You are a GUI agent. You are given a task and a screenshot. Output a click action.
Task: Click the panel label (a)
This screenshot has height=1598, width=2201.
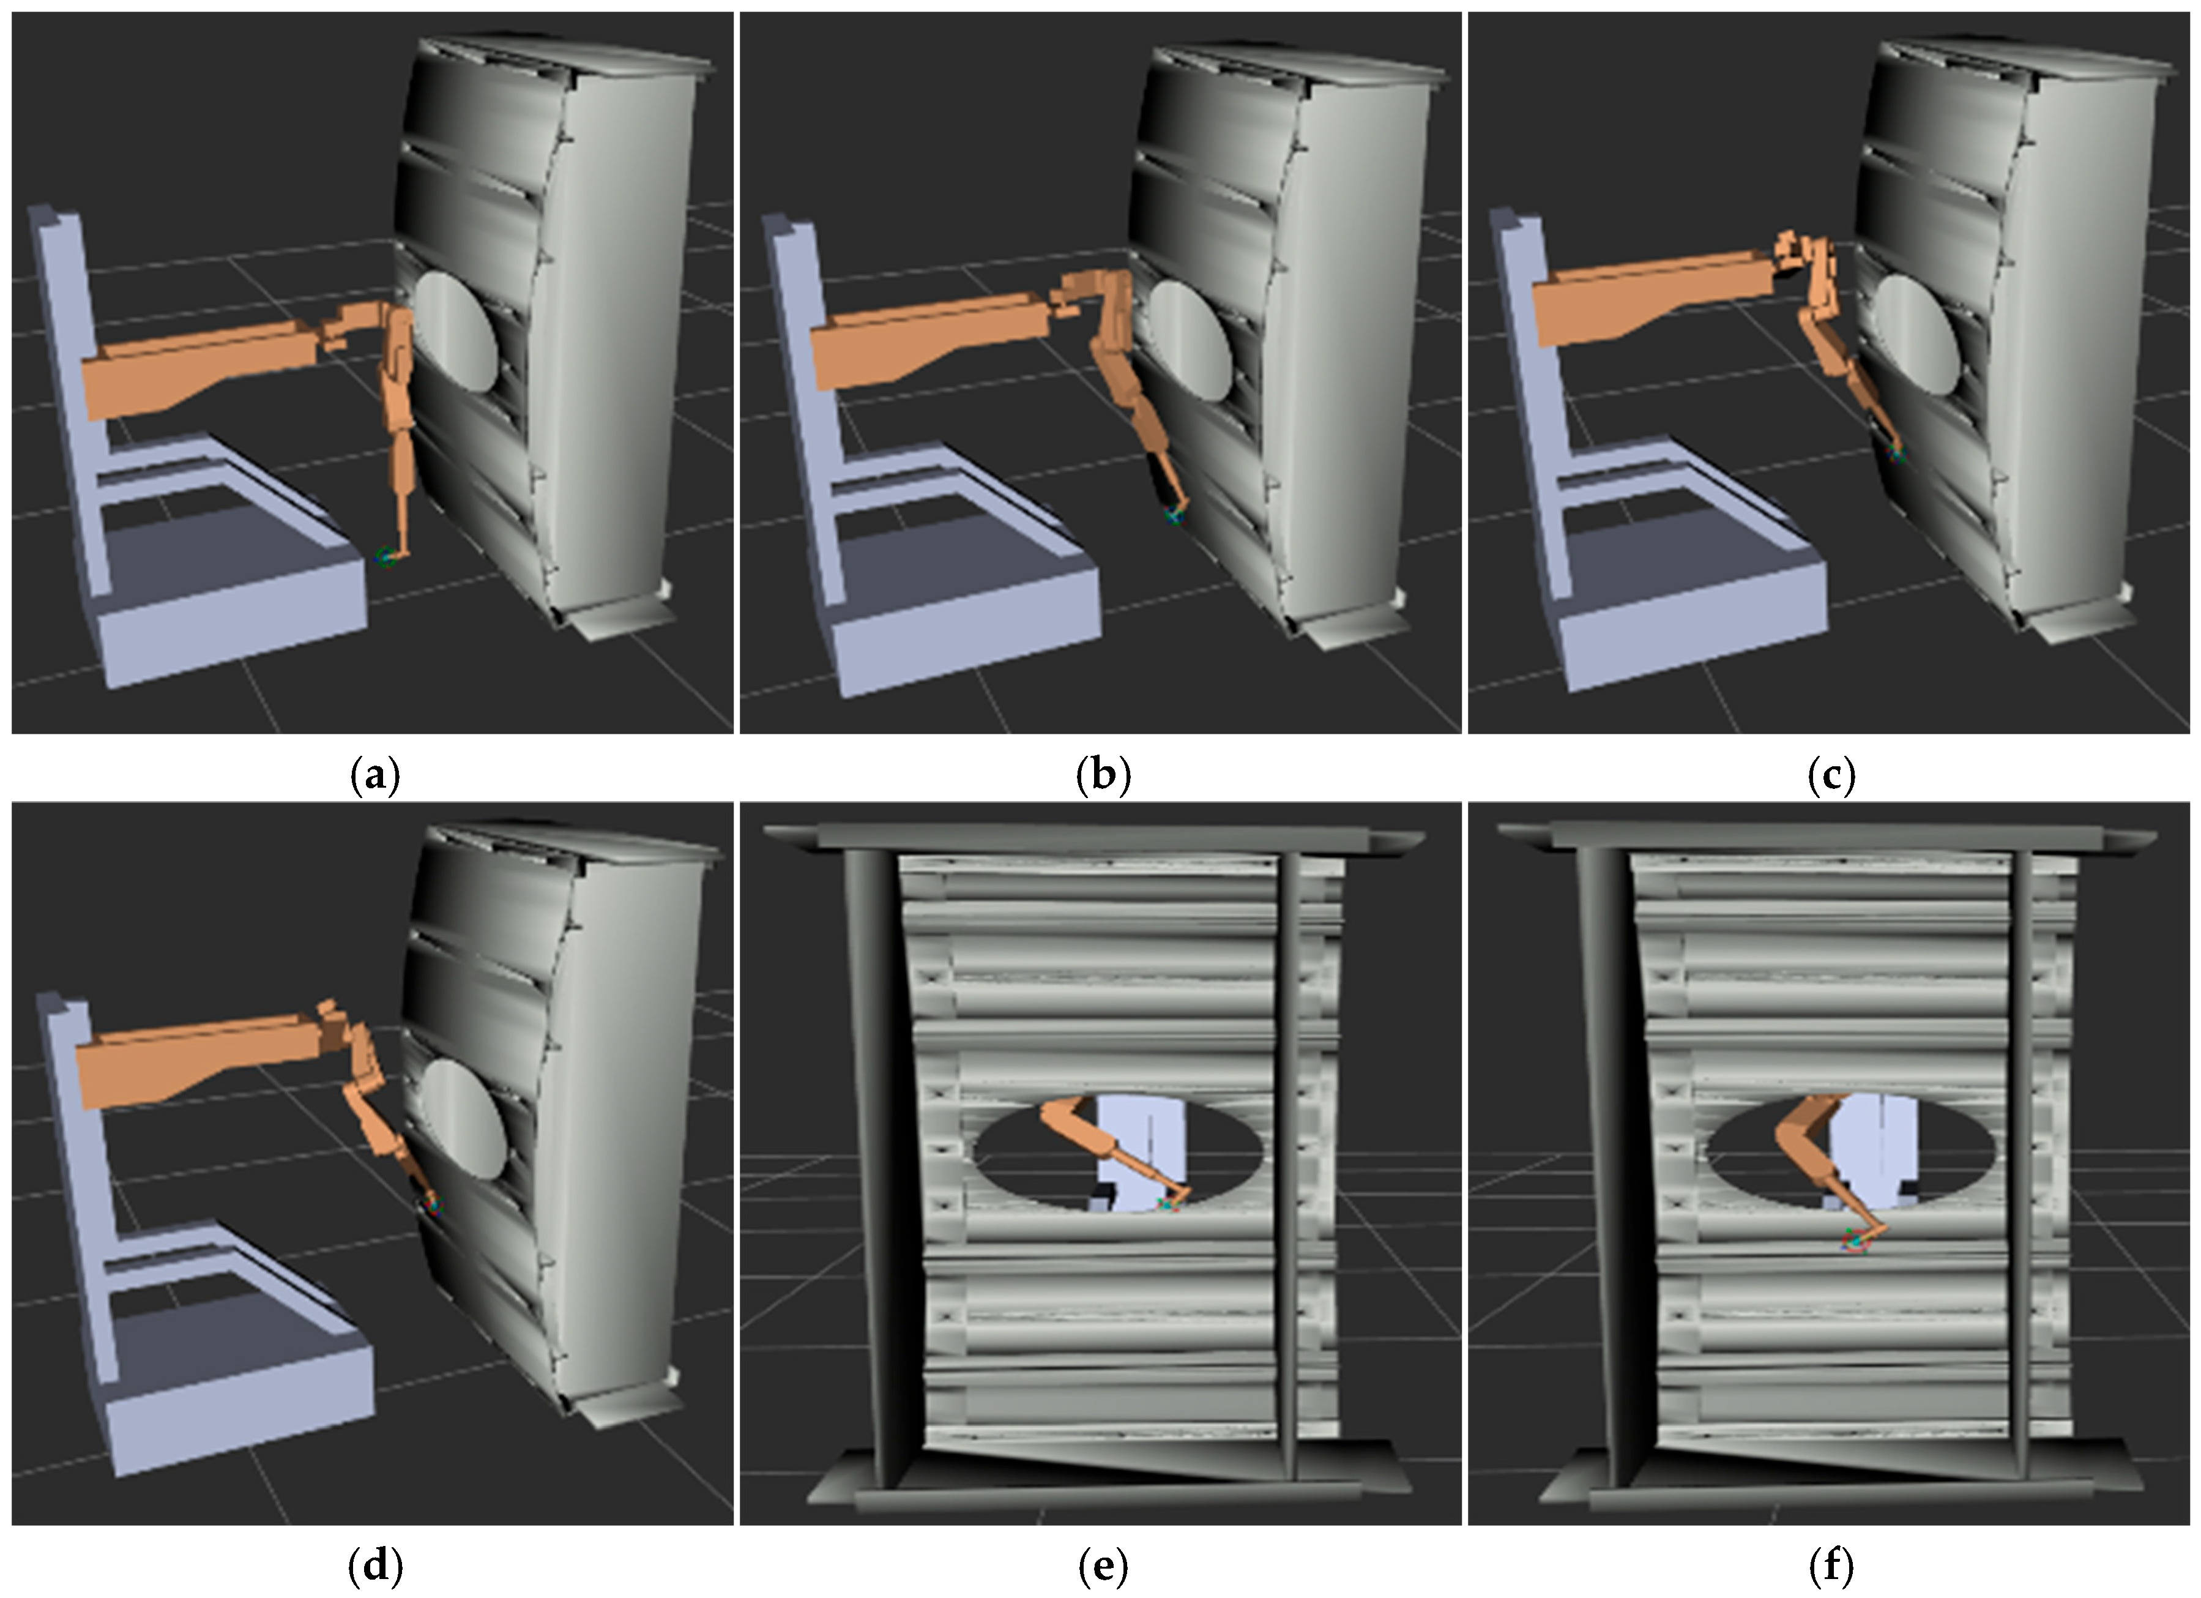pos(374,777)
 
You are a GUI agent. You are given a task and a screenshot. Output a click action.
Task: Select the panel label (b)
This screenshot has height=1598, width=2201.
pos(1103,777)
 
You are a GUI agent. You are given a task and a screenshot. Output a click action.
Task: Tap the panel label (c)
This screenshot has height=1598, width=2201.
pos(1832,777)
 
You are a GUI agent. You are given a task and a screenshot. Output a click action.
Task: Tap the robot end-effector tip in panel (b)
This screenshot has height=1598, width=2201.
pos(1175,515)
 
